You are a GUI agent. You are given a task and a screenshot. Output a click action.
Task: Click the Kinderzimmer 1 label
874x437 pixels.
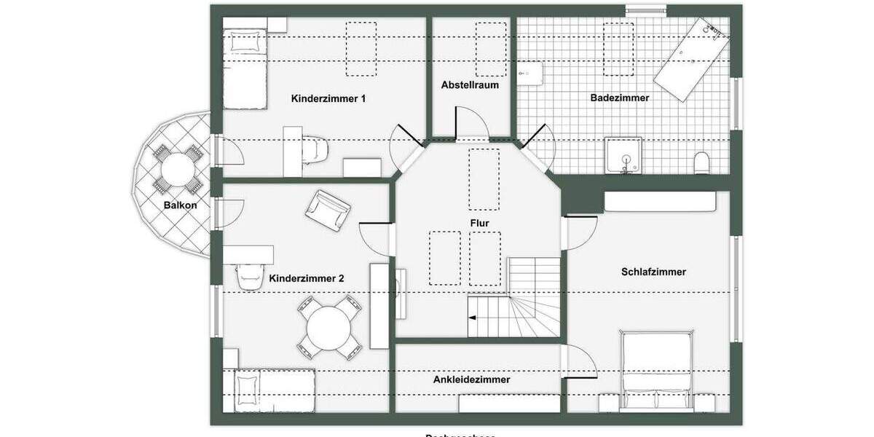328,98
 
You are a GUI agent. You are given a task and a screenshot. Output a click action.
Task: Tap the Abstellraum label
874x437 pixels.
470,84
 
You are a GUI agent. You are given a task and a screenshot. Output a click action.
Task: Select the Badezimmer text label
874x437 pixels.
620,97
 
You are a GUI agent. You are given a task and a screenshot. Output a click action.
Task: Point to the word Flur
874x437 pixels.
479,223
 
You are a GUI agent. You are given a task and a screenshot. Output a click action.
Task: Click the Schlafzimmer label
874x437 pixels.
653,272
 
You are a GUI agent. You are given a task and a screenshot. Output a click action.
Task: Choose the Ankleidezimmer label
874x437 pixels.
471,379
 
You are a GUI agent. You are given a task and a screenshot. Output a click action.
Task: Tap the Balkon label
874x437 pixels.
180,205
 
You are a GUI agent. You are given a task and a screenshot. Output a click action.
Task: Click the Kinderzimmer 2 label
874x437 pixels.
307,278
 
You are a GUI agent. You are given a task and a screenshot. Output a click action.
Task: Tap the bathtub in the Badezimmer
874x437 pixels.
691,60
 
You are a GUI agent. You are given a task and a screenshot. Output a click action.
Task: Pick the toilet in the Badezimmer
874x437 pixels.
702,162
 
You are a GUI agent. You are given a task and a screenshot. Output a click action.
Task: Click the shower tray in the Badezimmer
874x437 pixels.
624,156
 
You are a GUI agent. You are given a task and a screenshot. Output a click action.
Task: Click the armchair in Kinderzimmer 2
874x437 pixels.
328,210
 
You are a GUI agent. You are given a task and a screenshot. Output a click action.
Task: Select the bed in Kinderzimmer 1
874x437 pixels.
243,68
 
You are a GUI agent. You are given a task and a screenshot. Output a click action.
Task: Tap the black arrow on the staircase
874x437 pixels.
473,318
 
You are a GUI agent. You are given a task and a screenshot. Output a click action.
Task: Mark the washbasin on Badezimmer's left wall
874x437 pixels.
531,73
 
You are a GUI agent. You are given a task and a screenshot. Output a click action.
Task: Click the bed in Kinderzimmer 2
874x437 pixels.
275,390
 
